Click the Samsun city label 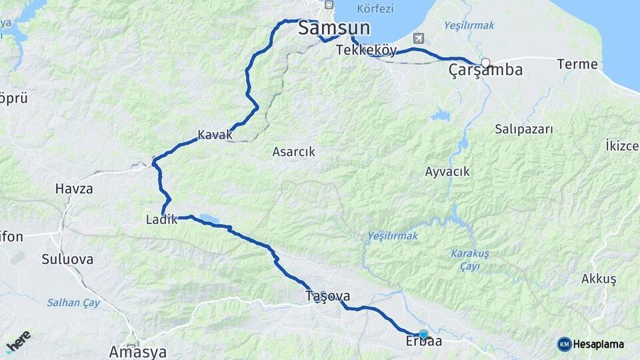tap(334, 28)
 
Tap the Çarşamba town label tap(485, 70)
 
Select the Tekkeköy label tap(367, 50)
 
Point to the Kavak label tap(215, 135)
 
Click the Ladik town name tap(161, 219)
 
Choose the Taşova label tap(327, 295)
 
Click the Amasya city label tap(137, 351)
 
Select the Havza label tap(74, 189)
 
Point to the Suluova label tap(67, 259)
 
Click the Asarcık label tap(293, 152)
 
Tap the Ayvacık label tap(447, 172)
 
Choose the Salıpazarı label tap(524, 129)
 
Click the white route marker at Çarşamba tap(485, 63)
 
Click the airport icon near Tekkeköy tap(419, 38)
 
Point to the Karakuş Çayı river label tap(469, 259)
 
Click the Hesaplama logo tap(591, 344)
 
